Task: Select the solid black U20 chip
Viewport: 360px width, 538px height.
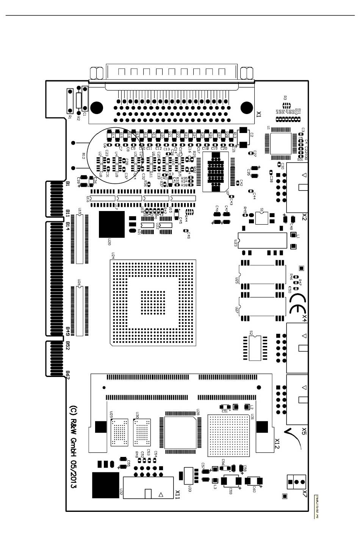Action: pyautogui.click(x=111, y=224)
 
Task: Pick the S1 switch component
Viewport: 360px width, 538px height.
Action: pyautogui.click(x=261, y=218)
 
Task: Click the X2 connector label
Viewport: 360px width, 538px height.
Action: pyautogui.click(x=304, y=217)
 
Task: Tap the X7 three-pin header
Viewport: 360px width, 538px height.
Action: pyautogui.click(x=297, y=482)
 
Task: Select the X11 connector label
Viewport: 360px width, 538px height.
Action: pyautogui.click(x=177, y=494)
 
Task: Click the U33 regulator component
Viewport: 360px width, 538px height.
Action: pyautogui.click(x=188, y=475)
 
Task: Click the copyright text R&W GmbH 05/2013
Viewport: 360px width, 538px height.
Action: pyautogui.click(x=74, y=447)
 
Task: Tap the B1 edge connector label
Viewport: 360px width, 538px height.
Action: pyautogui.click(x=68, y=184)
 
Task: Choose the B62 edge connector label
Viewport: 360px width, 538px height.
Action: pyautogui.click(x=68, y=375)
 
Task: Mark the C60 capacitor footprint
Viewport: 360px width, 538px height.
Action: pyautogui.click(x=254, y=481)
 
